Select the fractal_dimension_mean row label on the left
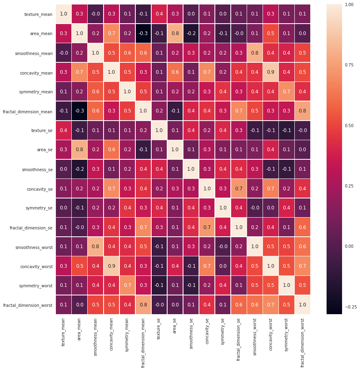click(x=28, y=111)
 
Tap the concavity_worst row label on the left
click(x=37, y=266)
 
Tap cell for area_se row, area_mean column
click(x=79, y=150)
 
